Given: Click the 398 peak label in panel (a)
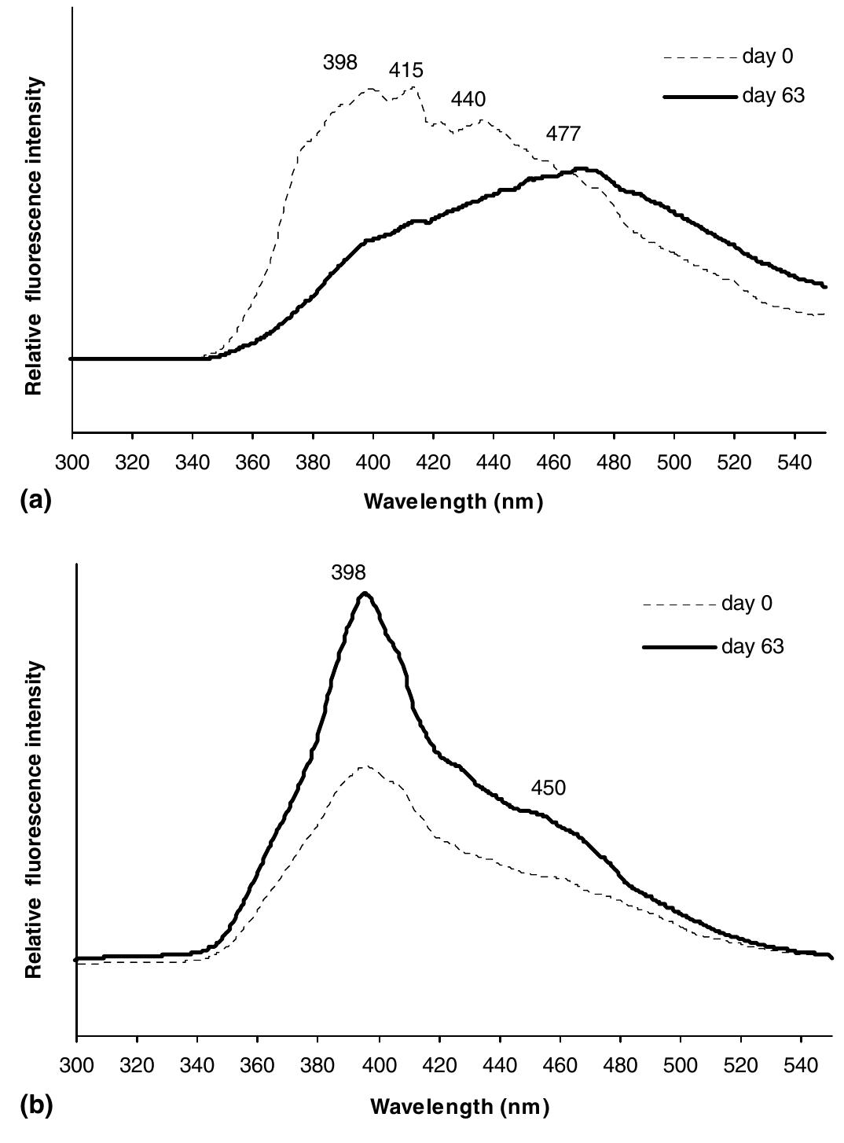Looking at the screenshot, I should (340, 63).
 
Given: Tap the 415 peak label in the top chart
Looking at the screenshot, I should (405, 71).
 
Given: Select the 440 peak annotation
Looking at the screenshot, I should (468, 100).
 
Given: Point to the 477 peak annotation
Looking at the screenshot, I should (563, 134).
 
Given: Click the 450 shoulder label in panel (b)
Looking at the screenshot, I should (548, 788).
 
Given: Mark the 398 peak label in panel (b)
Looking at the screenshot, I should (348, 573).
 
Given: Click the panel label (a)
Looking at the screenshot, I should (35, 501).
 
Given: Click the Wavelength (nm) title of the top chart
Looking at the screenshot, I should (453, 502).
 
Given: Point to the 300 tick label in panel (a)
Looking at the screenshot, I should (72, 461).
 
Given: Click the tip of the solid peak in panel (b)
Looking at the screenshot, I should (364, 594).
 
